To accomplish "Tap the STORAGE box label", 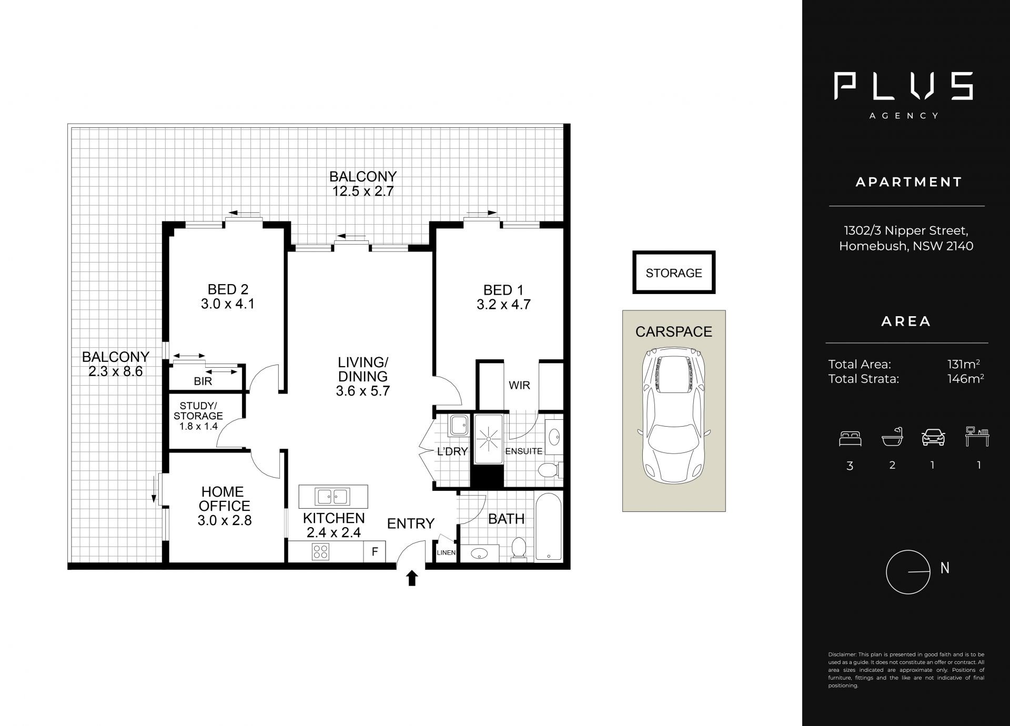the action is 674,273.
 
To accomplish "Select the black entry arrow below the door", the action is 412,578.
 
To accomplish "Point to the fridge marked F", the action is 375,552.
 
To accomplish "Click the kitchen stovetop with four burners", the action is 321,552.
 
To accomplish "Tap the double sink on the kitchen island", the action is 332,496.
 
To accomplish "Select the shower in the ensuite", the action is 489,438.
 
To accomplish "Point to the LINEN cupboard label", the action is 446,553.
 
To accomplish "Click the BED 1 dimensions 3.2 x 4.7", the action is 503,305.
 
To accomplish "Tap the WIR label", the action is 519,386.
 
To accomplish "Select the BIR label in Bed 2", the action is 203,381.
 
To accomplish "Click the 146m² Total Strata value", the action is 965,379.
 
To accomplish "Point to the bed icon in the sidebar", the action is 850,439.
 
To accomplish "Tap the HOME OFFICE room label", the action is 223,499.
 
